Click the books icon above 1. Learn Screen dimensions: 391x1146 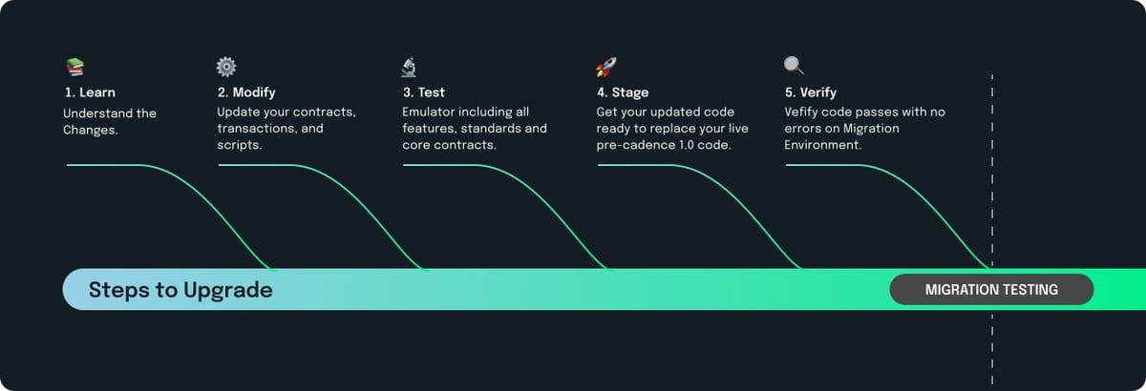click(74, 67)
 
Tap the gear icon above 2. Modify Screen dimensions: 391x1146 click(226, 67)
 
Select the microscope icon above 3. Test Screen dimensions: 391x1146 click(409, 67)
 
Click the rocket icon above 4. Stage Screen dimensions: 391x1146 click(605, 67)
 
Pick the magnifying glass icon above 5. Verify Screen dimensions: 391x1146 click(794, 66)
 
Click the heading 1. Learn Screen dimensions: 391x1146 click(89, 93)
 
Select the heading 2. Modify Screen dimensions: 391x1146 click(246, 93)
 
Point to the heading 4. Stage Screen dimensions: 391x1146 click(622, 93)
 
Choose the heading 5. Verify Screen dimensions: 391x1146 click(810, 93)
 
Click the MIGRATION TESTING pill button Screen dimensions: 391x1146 click(991, 290)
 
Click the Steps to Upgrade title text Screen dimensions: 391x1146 click(180, 290)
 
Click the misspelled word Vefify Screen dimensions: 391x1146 click(805, 113)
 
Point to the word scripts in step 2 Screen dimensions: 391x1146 click(239, 145)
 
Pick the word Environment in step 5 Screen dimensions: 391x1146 click(821, 145)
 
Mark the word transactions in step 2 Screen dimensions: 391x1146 click(256, 129)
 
